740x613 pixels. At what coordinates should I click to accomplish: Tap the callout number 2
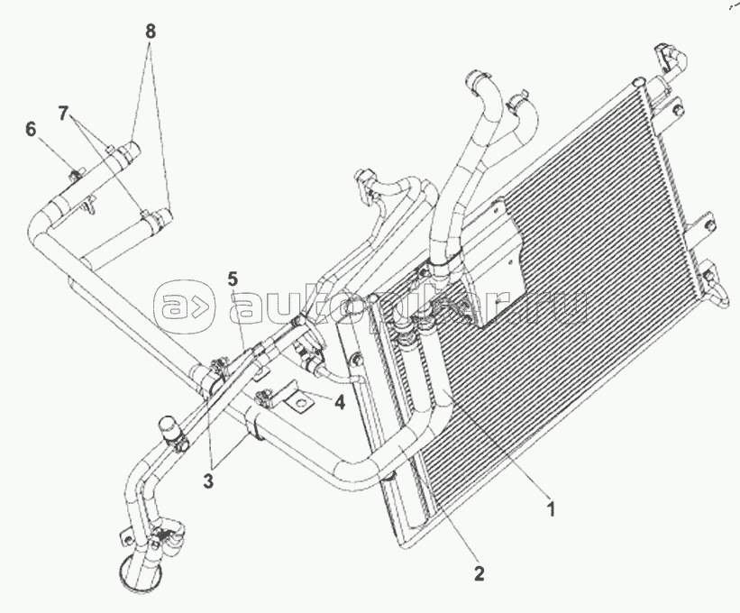coord(480,572)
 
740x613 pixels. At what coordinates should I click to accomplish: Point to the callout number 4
coord(339,403)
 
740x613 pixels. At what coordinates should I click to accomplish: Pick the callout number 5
coord(233,277)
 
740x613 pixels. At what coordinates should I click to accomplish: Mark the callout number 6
coord(32,129)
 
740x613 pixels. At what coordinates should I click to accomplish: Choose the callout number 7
coord(62,113)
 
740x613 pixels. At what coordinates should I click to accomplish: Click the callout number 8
coord(151,31)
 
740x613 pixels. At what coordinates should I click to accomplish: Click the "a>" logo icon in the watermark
coord(185,307)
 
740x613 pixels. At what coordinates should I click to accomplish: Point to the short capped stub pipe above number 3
coord(168,428)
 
